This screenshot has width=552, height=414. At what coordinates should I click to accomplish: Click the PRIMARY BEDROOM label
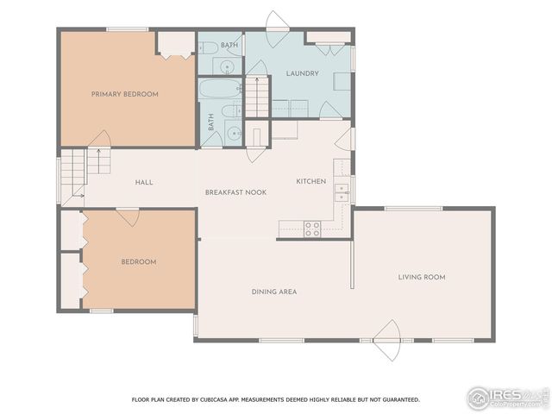(x=125, y=94)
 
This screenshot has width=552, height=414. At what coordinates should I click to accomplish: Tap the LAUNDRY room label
(x=302, y=73)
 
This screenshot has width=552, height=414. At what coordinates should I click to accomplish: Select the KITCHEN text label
(x=310, y=181)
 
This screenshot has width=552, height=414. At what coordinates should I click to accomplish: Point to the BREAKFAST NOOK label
(x=235, y=191)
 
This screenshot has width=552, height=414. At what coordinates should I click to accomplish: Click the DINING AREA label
(x=274, y=292)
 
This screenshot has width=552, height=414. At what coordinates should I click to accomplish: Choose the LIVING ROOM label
(x=421, y=277)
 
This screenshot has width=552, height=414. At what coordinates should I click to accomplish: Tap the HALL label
(x=144, y=182)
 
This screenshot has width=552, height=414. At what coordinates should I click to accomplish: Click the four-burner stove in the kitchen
(x=311, y=229)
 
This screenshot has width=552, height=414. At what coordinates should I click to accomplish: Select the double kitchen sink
(x=342, y=191)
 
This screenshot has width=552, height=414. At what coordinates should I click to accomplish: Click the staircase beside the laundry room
(x=256, y=96)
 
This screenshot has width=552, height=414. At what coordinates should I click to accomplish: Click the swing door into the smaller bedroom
(x=129, y=216)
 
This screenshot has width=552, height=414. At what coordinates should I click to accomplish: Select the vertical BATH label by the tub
(x=210, y=123)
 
